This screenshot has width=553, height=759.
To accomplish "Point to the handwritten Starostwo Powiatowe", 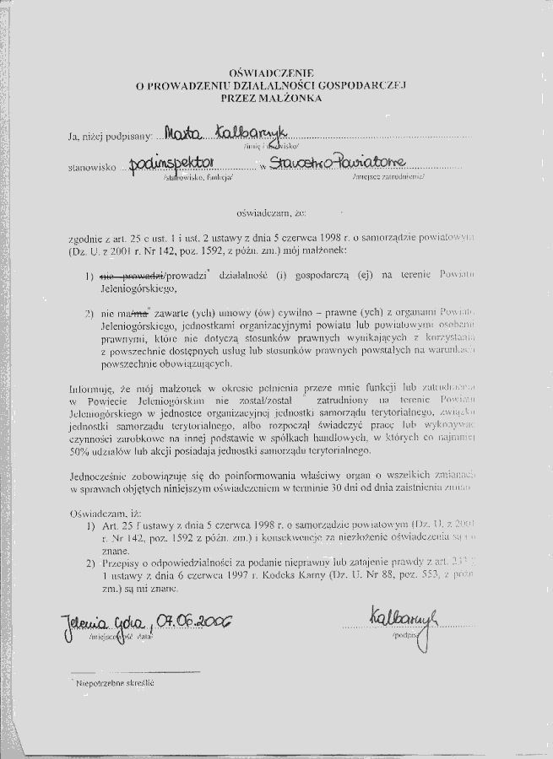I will (x=338, y=162).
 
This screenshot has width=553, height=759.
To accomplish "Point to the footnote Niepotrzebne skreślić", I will (x=115, y=683).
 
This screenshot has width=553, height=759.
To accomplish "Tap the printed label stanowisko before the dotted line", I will (x=90, y=167).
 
